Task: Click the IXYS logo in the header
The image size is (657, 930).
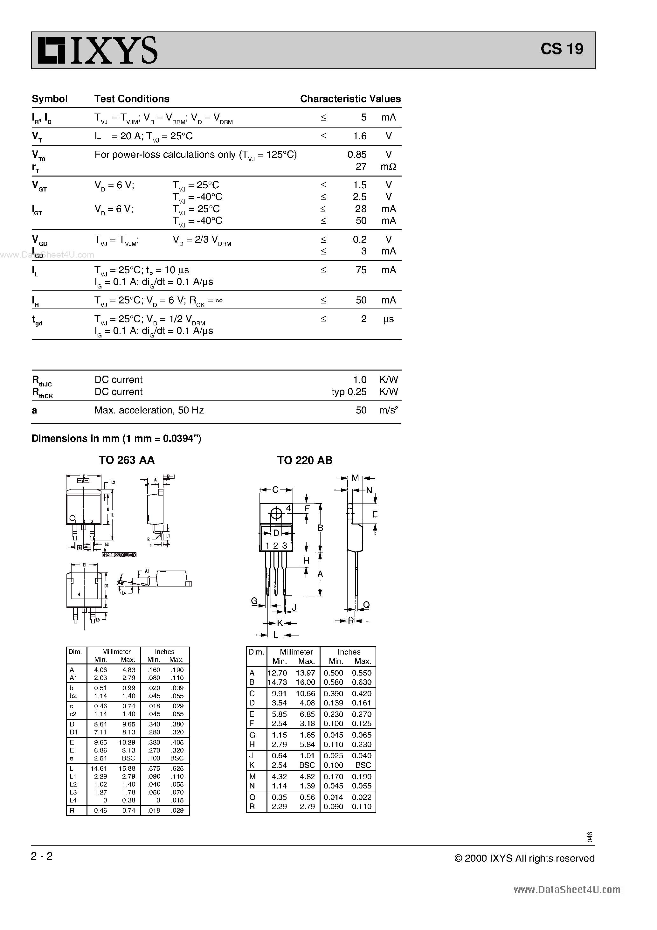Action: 97,50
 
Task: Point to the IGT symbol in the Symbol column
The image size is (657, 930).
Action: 37,210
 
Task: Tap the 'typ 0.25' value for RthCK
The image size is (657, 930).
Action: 349,392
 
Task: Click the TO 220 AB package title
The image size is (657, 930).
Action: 305,460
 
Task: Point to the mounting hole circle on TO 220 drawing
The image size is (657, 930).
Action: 276,514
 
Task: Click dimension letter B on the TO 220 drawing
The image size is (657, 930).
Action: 321,528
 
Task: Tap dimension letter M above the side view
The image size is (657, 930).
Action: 355,478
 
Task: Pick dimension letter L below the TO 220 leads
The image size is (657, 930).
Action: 276,635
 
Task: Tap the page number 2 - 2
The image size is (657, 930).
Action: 42,856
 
